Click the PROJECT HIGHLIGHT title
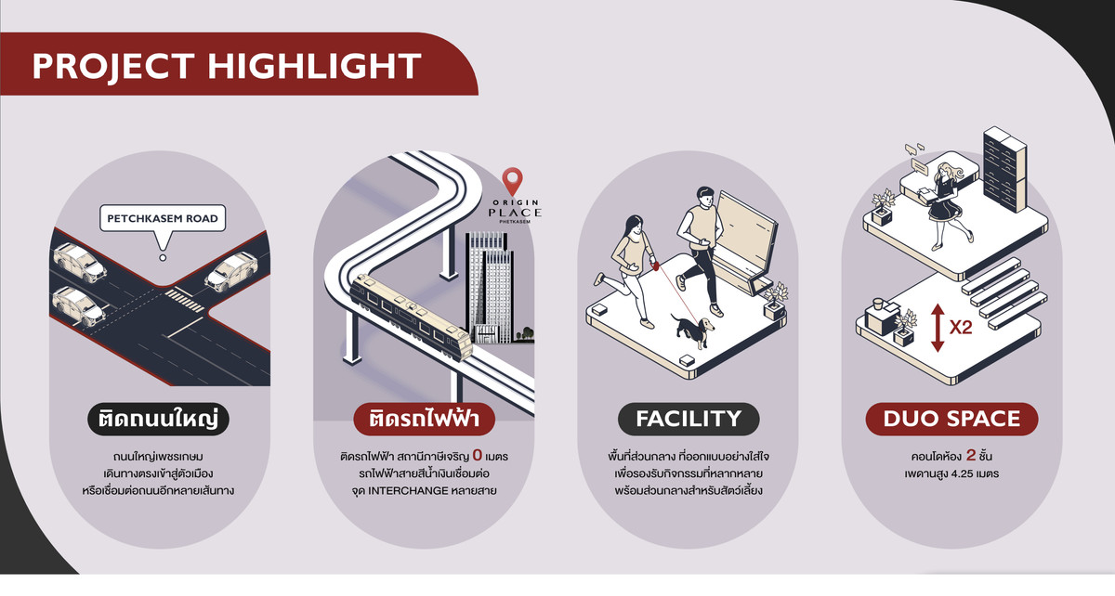coord(227,66)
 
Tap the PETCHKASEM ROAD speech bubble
coord(163,219)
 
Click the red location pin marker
coord(512,181)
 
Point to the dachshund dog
coord(692,329)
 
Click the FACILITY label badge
coord(689,419)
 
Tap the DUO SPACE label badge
coord(951,419)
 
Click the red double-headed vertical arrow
coord(938,328)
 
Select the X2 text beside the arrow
coord(961,328)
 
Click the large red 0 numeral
coord(478,455)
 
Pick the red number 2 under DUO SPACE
coord(971,455)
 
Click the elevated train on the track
coord(411,316)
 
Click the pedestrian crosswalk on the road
coord(184,301)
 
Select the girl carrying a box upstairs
coord(946,205)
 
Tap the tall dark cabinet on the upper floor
coord(1004,169)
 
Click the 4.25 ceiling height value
coord(962,473)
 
